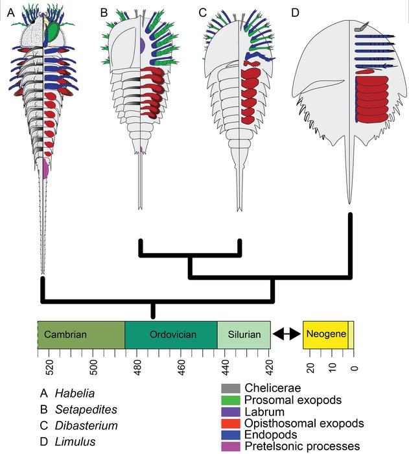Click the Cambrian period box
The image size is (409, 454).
pyautogui.click(x=80, y=335)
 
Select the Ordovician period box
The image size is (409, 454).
pyautogui.click(x=170, y=335)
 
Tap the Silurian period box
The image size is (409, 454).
pyautogui.click(x=244, y=335)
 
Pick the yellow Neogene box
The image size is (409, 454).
pyautogui.click(x=326, y=335)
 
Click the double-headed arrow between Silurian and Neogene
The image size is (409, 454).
pyautogui.click(x=286, y=335)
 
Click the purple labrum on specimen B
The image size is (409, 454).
pyautogui.click(x=142, y=45)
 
